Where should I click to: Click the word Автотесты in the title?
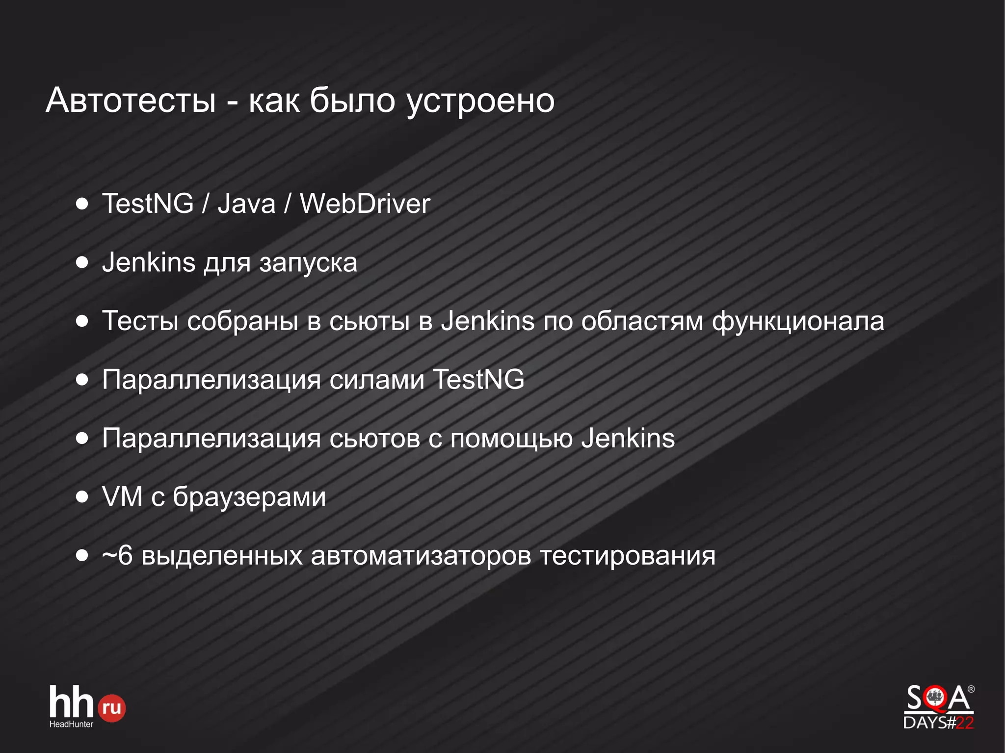tap(131, 101)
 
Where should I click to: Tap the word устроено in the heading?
tap(480, 102)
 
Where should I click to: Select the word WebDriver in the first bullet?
tap(365, 204)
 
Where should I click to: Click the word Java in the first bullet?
tap(246, 204)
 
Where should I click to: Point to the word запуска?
tap(308, 263)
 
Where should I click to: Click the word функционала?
tap(798, 322)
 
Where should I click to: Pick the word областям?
tap(642, 322)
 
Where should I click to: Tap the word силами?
tap(376, 380)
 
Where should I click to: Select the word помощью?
tap(511, 439)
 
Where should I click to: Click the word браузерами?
tap(249, 497)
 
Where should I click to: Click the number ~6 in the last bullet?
tap(117, 556)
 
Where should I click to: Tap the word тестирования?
tap(628, 556)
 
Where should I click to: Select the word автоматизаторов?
tap(421, 556)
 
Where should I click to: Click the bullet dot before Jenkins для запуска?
tap(82, 262)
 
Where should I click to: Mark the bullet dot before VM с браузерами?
tap(82, 497)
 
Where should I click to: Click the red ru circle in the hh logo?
tap(112, 708)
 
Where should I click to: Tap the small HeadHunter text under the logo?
tap(71, 724)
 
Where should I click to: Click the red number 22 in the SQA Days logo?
tap(964, 723)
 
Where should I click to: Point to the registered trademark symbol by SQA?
tap(971, 689)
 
